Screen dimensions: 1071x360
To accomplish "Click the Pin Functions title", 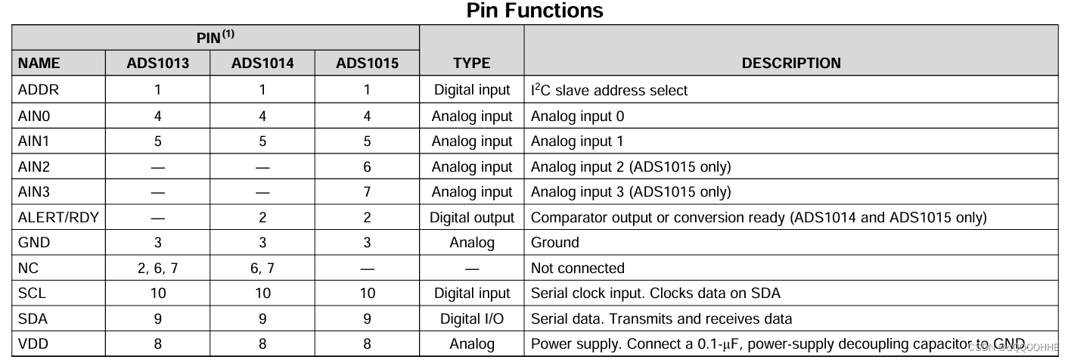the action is tap(535, 11).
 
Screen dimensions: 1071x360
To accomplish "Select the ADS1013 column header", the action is tap(157, 64).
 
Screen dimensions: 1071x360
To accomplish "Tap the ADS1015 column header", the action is tap(367, 64).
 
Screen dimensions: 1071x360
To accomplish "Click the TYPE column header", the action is tap(471, 64).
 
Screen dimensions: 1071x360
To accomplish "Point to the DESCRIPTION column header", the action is tap(790, 64).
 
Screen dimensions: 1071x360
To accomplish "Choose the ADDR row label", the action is tap(38, 90).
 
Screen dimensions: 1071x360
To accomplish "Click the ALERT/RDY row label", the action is tap(58, 218).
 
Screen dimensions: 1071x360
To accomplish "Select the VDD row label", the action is tap(33, 344).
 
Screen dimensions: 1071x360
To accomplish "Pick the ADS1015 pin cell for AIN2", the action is tap(367, 167).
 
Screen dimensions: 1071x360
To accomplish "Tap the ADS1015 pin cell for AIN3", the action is tap(367, 192).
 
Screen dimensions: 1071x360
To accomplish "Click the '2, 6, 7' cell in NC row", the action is tap(157, 268).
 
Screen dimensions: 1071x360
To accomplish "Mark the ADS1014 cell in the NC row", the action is tap(262, 268).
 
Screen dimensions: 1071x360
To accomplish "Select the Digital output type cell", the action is tap(472, 218).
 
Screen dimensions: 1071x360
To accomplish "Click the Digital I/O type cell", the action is tap(472, 318).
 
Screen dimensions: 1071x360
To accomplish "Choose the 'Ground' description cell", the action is tap(555, 243).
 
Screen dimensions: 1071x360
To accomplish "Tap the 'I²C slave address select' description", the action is tap(610, 90).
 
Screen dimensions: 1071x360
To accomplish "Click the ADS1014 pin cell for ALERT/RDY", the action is tap(262, 218).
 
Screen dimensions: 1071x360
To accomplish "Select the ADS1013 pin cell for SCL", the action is tap(157, 293).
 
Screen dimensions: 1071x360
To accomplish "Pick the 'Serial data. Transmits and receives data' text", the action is tap(662, 318).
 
